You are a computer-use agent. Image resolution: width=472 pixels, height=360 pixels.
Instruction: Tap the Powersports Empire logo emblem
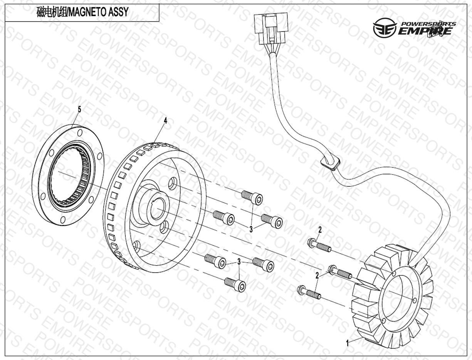[x=384, y=27]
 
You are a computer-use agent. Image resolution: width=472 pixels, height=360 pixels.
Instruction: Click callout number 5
[x=79, y=110]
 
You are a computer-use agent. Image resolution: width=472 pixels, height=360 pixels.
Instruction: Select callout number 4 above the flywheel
[x=165, y=121]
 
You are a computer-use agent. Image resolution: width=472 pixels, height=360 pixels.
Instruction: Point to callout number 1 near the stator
[x=347, y=343]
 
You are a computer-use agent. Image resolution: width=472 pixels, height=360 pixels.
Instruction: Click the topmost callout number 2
[x=320, y=230]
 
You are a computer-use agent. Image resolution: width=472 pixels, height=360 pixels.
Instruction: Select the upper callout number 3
[x=251, y=229]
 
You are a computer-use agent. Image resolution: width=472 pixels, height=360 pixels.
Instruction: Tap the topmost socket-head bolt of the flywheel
[x=252, y=197]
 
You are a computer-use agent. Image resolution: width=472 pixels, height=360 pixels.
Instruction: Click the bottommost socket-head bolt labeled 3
[x=235, y=285]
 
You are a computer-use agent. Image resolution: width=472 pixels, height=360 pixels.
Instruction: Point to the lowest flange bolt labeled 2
[x=309, y=292]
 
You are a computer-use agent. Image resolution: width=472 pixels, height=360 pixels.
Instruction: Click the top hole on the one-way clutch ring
[x=80, y=133]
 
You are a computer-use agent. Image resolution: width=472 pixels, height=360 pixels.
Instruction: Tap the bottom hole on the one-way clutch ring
[x=63, y=219]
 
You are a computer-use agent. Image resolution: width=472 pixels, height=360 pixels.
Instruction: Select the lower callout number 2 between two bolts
[x=317, y=276]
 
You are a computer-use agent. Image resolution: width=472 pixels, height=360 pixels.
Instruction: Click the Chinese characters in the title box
[x=52, y=12]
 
